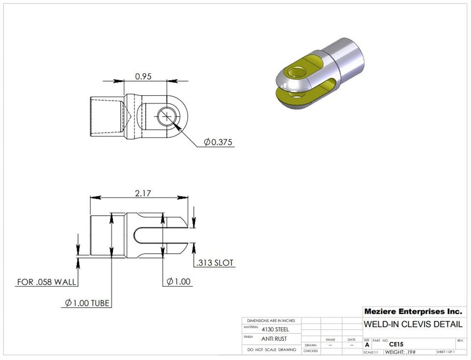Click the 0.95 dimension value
[143, 77]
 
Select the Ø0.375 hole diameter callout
[218, 142]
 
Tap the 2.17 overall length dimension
[143, 194]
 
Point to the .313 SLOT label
[214, 263]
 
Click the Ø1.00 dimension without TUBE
[179, 281]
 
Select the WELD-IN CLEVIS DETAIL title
[413, 324]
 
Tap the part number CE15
[396, 345]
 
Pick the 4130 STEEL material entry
[275, 329]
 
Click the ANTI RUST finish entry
[274, 339]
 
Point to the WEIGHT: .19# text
[400, 352]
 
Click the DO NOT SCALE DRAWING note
[271, 350]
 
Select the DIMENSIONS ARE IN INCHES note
[271, 320]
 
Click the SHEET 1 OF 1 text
[445, 352]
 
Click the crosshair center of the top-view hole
[167, 117]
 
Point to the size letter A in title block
[367, 345]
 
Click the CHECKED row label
[311, 351]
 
